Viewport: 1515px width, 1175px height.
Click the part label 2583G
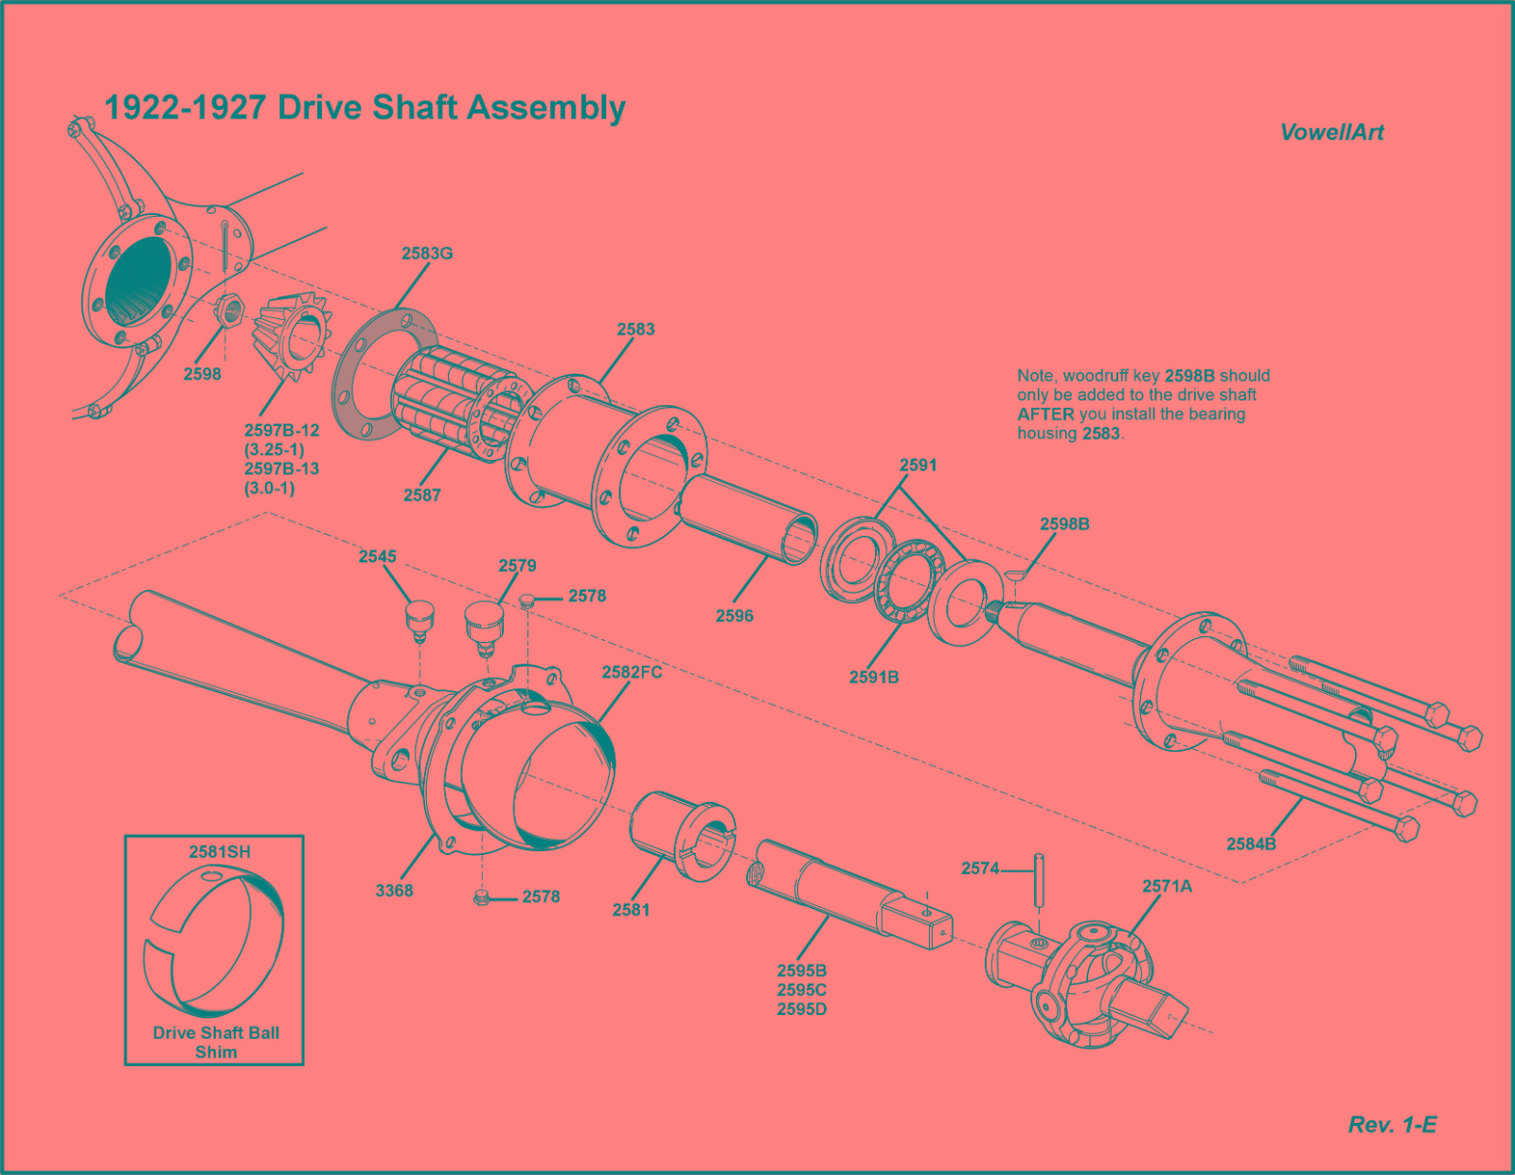click(427, 254)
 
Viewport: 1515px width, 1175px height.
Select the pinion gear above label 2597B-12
click(292, 336)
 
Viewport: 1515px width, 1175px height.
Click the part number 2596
click(734, 616)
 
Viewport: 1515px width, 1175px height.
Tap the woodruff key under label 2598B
click(1015, 575)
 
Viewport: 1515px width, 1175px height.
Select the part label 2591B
click(873, 678)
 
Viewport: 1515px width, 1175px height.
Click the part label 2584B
click(1251, 845)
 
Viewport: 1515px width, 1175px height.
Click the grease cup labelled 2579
click(483, 626)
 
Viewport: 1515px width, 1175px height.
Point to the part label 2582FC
click(632, 673)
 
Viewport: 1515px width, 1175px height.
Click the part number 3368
click(394, 891)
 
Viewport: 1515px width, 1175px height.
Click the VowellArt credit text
click(1331, 134)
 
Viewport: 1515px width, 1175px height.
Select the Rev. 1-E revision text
click(1392, 1126)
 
